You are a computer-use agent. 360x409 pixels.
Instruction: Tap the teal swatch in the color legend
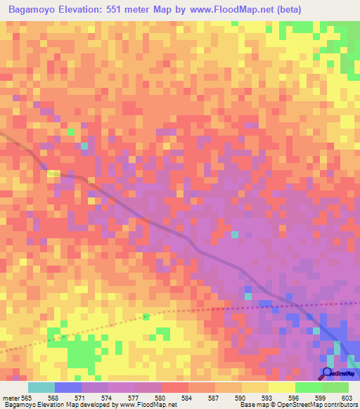coord(41,387)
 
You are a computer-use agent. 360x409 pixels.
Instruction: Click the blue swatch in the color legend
coord(67,387)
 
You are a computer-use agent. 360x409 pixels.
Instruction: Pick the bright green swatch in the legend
coord(308,387)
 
